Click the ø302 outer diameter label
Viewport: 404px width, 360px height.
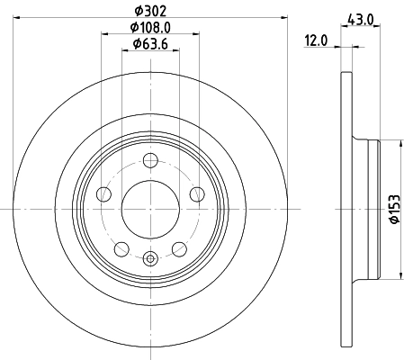[x=150, y=10]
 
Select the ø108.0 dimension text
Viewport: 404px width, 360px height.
[x=150, y=27]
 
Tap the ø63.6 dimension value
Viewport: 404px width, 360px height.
[x=148, y=43]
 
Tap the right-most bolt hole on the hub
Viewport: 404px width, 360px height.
[x=196, y=193]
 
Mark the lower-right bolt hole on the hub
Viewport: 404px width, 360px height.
[x=178, y=247]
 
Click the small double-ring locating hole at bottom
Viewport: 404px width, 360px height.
[x=150, y=259]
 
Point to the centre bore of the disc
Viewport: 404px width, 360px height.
[x=150, y=209]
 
